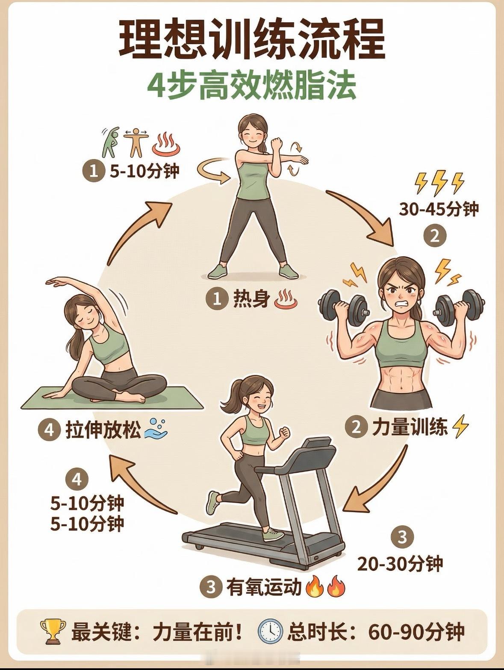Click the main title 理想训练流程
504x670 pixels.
point(252,39)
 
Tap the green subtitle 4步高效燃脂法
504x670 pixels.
point(252,86)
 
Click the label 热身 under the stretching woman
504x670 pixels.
point(252,299)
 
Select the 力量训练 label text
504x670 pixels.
point(410,427)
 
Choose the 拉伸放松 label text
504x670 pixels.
point(103,431)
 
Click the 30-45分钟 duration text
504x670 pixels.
point(439,209)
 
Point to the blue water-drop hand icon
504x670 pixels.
point(156,429)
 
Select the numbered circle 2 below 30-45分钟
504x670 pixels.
point(435,236)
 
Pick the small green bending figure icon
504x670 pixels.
point(110,142)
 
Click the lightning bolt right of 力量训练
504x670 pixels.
point(460,426)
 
